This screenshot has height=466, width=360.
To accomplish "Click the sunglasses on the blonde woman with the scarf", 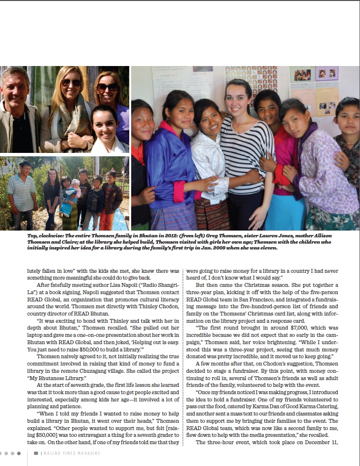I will tap(71, 83).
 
